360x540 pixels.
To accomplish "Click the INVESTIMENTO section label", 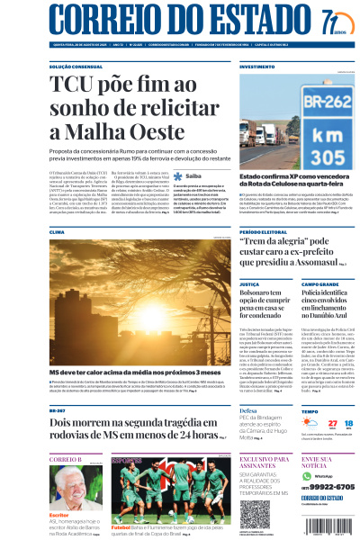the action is tap(257, 67).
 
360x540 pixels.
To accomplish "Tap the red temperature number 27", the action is tap(308, 398).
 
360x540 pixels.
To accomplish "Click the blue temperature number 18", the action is tap(336, 398).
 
